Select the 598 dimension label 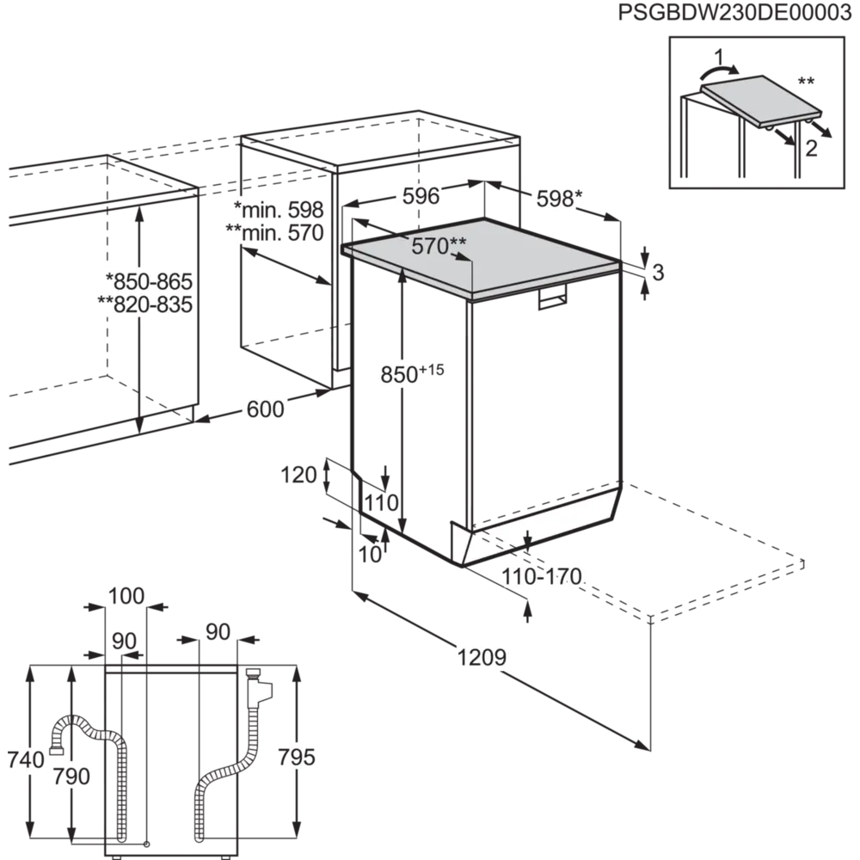click(555, 200)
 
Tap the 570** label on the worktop click(438, 247)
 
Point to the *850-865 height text click(147, 281)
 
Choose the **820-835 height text click(144, 304)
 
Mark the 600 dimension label click(265, 410)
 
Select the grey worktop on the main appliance click(482, 258)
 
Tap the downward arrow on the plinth click(528, 539)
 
